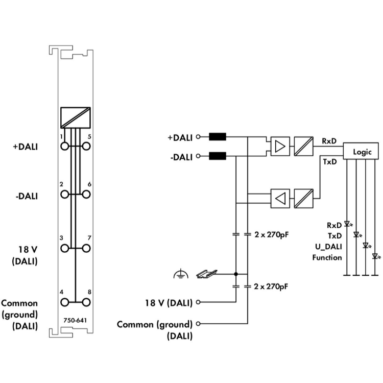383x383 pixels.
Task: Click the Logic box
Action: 361,151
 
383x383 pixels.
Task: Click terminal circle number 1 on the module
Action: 64,147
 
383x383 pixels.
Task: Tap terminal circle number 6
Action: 86,195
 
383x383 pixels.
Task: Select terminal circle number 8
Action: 86,302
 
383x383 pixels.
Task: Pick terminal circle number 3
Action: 64,248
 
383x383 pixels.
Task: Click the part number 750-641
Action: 75,320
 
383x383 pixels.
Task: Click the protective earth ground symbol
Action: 181,274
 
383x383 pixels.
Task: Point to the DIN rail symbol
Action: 207,274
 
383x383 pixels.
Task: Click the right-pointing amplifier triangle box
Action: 280,147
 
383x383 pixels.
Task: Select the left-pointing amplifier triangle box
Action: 280,198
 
